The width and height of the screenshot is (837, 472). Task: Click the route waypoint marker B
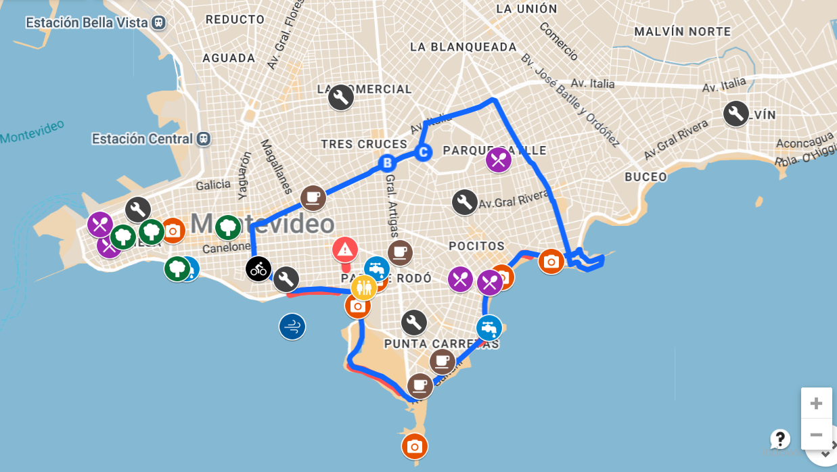[x=387, y=163]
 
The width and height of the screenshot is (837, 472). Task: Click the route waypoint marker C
[x=423, y=152]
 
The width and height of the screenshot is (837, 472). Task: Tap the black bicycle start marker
[x=258, y=269]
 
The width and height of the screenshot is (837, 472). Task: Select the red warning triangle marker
[x=345, y=250]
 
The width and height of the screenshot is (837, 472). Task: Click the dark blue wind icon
[x=292, y=327]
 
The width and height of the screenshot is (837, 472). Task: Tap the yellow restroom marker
[x=363, y=287]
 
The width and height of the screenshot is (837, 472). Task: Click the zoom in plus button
[x=816, y=404]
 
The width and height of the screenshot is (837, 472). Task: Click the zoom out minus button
[x=816, y=435]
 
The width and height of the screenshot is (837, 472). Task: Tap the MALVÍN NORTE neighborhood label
[x=682, y=32]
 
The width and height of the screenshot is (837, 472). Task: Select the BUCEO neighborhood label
[x=646, y=177]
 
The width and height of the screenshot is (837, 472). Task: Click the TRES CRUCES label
[x=364, y=144]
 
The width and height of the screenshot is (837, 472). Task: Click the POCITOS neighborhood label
[x=476, y=246]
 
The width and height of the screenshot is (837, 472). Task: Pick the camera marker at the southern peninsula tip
[x=415, y=446]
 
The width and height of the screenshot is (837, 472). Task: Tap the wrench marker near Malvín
[x=736, y=114]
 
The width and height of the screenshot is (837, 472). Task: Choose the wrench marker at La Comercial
[x=340, y=97]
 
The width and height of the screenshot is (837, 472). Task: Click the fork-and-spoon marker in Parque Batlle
[x=499, y=160]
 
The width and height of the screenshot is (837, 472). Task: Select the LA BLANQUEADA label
[x=463, y=47]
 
